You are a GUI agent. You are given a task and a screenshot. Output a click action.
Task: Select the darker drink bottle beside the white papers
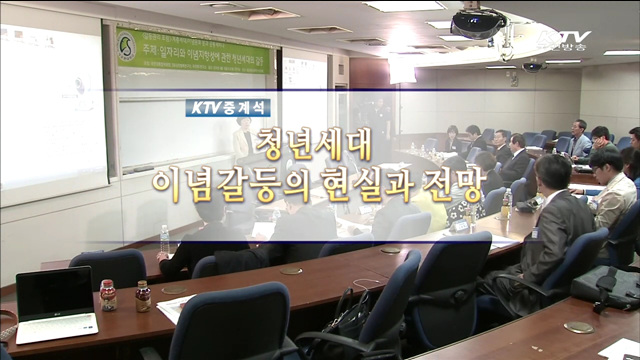(x=143, y=295)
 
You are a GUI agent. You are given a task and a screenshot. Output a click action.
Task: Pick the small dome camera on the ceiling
(x=532, y=67)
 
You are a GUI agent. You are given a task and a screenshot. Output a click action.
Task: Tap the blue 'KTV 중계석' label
(x=227, y=108)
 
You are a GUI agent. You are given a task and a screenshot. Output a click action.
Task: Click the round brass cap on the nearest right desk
(x=578, y=327)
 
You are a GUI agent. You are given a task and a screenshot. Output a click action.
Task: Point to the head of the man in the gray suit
(x=552, y=172)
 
